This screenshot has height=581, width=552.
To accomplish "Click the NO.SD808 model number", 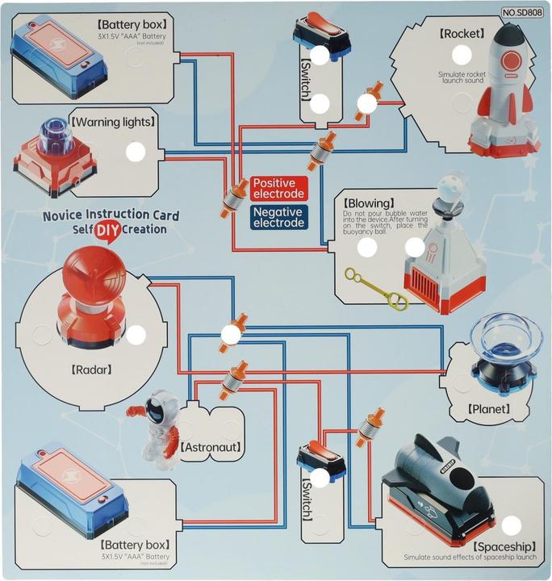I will coord(523,13).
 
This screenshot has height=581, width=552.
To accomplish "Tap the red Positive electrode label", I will coord(278,189).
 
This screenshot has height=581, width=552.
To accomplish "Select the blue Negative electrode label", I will coord(278,216).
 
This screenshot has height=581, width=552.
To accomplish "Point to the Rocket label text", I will coord(462,34).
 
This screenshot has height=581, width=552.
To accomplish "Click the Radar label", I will coord(90,370).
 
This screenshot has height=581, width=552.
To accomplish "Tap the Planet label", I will coord(488,409).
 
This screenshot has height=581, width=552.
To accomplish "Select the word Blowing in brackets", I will coord(369,203).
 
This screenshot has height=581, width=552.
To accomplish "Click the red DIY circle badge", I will coord(103,230).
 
